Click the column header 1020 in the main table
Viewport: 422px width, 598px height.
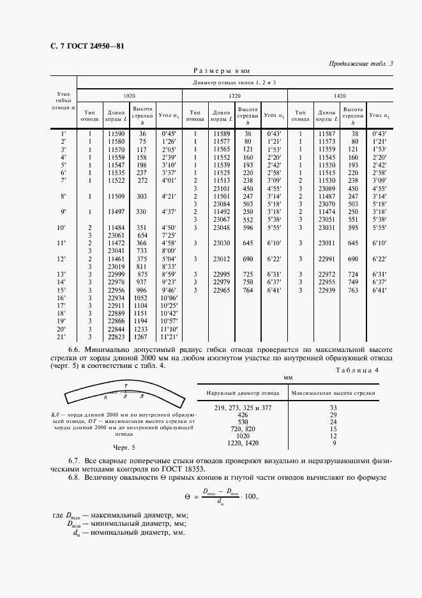pyautogui.click(x=129, y=96)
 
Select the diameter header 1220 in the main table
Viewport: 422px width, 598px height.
pyautogui.click(x=235, y=96)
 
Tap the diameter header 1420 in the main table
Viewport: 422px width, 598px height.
pyautogui.click(x=340, y=96)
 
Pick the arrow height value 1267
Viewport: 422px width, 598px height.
pyautogui.click(x=140, y=337)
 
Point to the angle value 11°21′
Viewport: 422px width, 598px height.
pyautogui.click(x=167, y=337)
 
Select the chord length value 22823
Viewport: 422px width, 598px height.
pyautogui.click(x=115, y=337)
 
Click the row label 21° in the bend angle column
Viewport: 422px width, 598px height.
pyautogui.click(x=63, y=337)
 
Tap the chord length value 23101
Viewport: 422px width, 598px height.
pyautogui.click(x=220, y=189)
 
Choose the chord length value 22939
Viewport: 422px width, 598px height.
pyautogui.click(x=326, y=290)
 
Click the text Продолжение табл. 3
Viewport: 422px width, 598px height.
pyautogui.click(x=361, y=63)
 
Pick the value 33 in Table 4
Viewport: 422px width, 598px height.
pyautogui.click(x=333, y=407)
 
